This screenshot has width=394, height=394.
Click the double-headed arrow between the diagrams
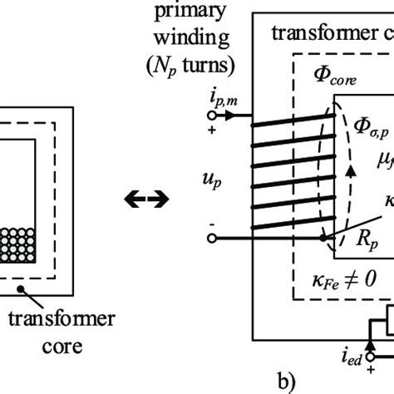[145, 198]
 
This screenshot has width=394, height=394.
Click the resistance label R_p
[352, 248]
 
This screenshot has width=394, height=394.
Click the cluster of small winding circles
[24, 250]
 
